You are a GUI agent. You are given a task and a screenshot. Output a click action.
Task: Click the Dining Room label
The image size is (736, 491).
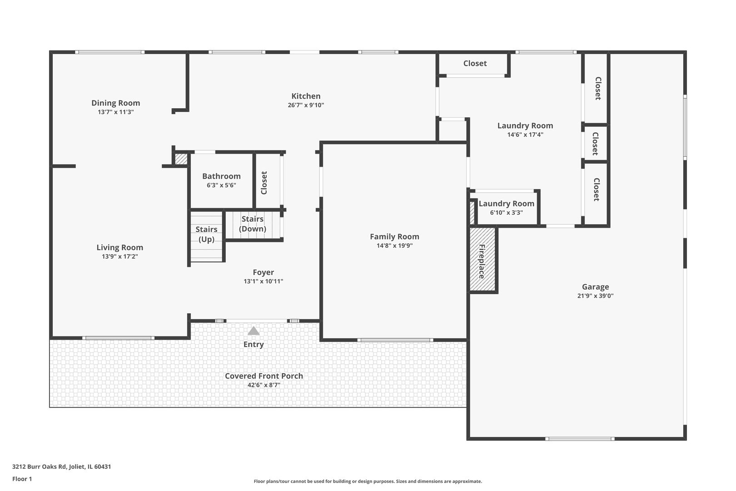click(116, 103)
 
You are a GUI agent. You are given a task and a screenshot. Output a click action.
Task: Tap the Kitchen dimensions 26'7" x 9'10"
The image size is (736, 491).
click(306, 105)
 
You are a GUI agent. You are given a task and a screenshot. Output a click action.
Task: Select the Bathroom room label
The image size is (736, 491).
click(221, 176)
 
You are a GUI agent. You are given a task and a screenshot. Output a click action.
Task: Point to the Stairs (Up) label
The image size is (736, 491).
click(206, 234)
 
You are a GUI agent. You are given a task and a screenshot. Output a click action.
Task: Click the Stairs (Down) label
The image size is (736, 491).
click(252, 224)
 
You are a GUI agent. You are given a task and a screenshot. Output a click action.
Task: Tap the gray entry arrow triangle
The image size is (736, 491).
click(254, 331)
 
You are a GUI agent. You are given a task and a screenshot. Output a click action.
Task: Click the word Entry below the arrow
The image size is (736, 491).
click(254, 344)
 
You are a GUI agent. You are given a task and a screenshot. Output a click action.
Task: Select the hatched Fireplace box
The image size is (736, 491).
click(482, 259)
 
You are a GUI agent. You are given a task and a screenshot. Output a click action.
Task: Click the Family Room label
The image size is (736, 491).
click(395, 237)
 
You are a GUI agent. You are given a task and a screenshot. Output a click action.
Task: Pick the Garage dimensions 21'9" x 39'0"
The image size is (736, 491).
click(595, 296)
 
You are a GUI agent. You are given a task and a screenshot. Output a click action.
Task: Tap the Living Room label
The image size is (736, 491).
click(119, 248)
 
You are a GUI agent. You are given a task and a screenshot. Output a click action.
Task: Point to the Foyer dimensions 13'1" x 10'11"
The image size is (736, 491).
click(263, 281)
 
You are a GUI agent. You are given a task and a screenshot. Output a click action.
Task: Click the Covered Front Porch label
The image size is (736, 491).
click(264, 376)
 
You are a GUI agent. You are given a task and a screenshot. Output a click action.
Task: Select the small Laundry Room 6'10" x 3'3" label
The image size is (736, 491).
click(506, 207)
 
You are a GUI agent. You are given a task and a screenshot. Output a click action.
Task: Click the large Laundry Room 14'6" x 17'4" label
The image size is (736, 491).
click(525, 130)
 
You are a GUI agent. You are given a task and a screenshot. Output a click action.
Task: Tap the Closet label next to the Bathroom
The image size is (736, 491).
click(264, 183)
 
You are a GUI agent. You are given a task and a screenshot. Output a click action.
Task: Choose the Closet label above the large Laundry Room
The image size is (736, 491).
click(475, 63)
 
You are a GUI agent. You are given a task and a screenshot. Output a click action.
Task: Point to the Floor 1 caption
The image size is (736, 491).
click(22, 479)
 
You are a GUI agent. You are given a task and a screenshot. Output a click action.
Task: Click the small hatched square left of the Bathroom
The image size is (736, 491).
click(181, 159)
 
